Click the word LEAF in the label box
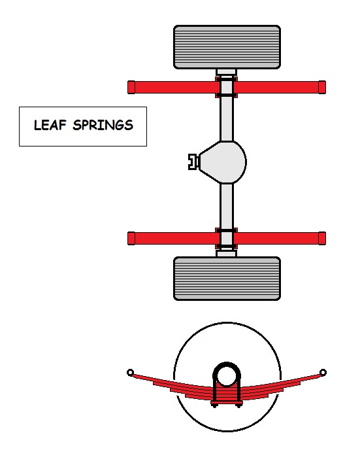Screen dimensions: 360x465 50,125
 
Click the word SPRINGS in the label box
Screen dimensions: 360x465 103,125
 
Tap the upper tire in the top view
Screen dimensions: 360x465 227,47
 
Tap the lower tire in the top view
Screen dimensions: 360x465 227,279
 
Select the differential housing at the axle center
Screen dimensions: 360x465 223,162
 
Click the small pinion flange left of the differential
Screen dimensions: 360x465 193,162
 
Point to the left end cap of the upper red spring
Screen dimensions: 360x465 131,87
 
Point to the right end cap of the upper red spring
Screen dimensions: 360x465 322,87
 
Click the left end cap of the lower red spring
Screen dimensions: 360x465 131,239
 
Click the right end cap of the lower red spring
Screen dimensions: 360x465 322,239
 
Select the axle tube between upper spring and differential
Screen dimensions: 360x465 227,118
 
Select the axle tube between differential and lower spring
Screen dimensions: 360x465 227,206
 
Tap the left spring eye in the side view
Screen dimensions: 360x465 130,373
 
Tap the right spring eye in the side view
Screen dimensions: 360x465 323,373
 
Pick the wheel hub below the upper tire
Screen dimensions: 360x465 226,72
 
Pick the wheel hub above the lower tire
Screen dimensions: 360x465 226,254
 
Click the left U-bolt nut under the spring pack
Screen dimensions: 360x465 215,405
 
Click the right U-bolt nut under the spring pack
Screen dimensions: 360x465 238,405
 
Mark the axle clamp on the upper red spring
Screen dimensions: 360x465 226,87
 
